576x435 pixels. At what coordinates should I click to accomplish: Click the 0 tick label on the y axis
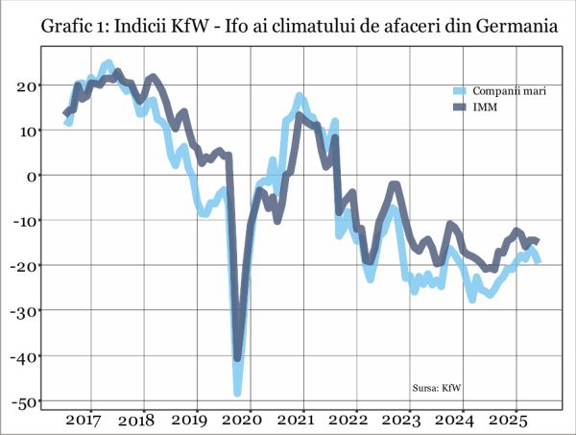coord(31,175)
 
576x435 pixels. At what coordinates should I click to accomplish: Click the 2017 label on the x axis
coord(84,421)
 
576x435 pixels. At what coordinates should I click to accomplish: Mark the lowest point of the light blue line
coord(238,392)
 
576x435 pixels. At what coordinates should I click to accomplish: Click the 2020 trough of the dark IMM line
coord(238,358)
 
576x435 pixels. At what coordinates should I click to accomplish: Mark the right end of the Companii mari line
coord(539,261)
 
